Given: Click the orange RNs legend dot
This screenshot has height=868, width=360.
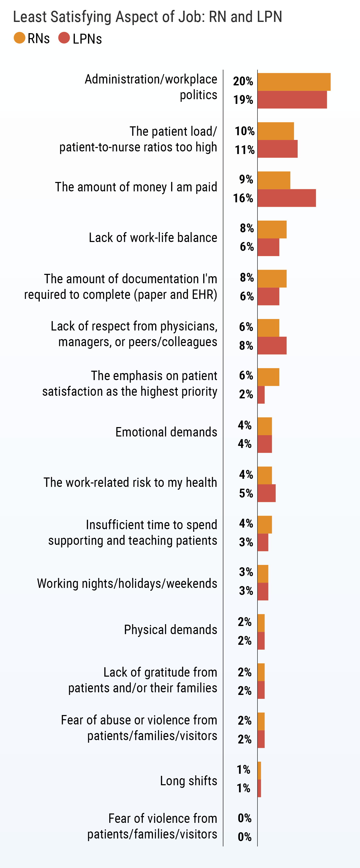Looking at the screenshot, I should click(x=20, y=38).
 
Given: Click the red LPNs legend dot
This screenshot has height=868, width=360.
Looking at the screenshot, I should click(x=64, y=38).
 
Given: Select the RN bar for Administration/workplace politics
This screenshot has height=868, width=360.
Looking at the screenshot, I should click(x=294, y=82).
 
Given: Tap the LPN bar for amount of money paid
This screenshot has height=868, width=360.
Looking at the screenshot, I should click(x=287, y=198).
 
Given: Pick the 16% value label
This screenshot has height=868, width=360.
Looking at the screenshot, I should click(x=243, y=198).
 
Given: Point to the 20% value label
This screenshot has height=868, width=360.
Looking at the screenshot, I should click(x=243, y=81).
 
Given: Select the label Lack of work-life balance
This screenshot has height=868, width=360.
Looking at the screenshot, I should click(x=153, y=238).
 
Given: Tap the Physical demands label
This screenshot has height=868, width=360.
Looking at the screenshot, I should click(x=170, y=629).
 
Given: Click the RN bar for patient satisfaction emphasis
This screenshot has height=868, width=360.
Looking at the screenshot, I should click(x=268, y=377).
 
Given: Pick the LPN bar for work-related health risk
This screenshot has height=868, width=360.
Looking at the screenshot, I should click(x=266, y=493).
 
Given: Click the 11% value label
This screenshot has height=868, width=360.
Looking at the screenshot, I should click(x=244, y=150).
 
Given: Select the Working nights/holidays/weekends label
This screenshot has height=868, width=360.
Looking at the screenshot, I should click(x=127, y=583).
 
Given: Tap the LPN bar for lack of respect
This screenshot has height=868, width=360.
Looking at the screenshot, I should click(x=272, y=346).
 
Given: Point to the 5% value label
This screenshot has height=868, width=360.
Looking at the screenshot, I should click(x=246, y=493).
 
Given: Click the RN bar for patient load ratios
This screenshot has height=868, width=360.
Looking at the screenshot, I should click(x=275, y=131).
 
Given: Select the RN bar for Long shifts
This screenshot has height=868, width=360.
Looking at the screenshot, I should click(x=259, y=771).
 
